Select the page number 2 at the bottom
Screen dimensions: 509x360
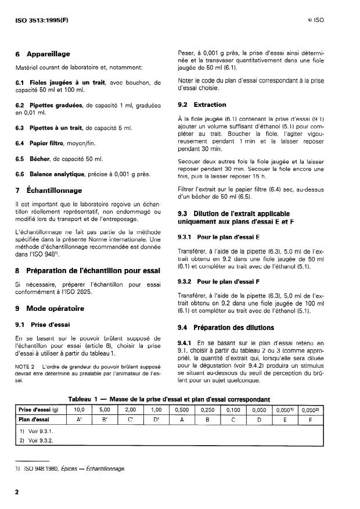[17, 492]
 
